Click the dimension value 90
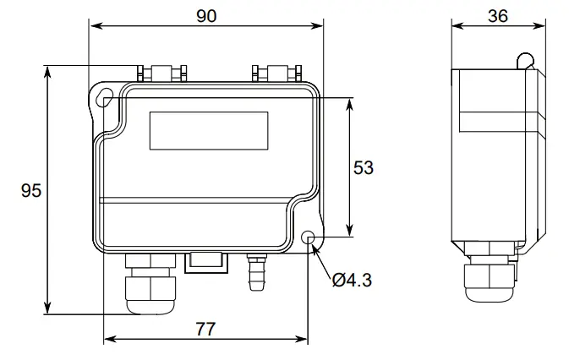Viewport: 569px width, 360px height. click(x=205, y=15)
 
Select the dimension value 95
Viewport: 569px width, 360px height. click(x=31, y=191)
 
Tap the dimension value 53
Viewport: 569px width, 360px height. click(x=363, y=167)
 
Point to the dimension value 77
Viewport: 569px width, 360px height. click(x=205, y=330)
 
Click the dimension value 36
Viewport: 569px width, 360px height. click(x=497, y=15)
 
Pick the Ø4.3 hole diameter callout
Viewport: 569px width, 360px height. click(x=350, y=279)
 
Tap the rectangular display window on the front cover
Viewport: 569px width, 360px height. click(x=209, y=131)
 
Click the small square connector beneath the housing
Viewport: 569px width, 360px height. click(x=205, y=261)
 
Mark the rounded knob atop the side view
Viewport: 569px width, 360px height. click(x=525, y=61)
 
